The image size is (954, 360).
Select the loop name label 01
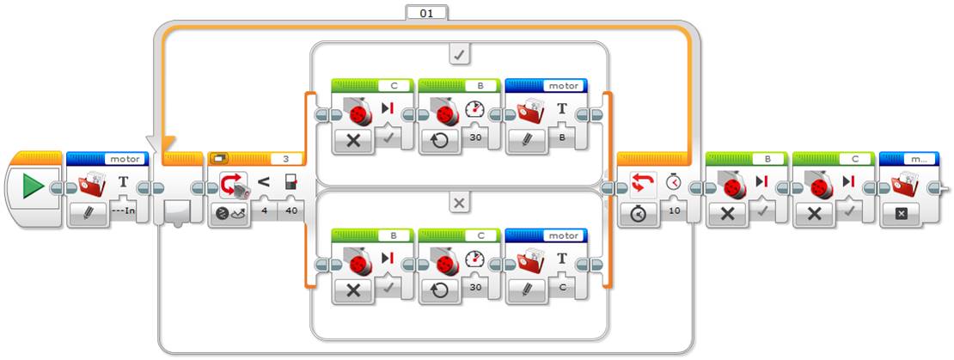426,13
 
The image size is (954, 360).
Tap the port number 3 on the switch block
284,159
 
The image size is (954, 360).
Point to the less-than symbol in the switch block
264,182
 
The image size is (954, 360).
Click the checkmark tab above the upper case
459,55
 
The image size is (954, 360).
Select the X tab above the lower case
459,204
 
